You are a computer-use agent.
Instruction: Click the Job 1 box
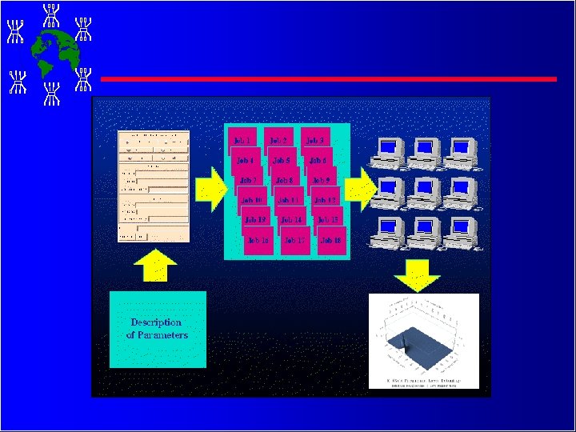[x=242, y=141]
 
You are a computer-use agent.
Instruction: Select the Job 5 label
[x=282, y=160]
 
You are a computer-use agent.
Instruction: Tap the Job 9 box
[x=322, y=180]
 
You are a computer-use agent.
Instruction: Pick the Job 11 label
[x=288, y=200]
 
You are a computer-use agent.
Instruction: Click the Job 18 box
[x=330, y=240]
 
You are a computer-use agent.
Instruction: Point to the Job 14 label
[x=291, y=219]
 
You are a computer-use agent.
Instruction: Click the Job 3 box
[x=315, y=141]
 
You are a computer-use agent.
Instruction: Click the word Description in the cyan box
[x=156, y=322]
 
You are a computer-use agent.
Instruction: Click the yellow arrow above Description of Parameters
[x=157, y=267]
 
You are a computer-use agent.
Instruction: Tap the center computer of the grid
[x=425, y=190]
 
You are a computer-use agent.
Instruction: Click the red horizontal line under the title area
[x=328, y=78]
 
